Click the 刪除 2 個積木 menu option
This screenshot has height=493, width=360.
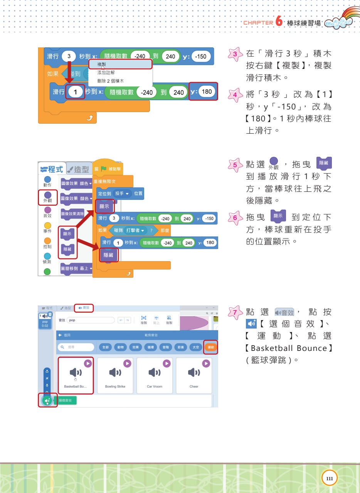(110, 81)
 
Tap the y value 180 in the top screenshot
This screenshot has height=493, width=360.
(207, 92)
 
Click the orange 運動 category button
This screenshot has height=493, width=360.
(211, 347)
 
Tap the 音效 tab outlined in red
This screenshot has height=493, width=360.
(84, 308)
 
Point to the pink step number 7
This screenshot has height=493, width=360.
(234, 311)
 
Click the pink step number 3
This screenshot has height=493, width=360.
(234, 54)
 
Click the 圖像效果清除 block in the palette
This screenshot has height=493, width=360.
(72, 213)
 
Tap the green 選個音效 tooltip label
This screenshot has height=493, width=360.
(65, 401)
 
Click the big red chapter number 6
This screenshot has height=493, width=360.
(279, 21)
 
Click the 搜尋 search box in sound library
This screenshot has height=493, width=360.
(76, 347)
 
